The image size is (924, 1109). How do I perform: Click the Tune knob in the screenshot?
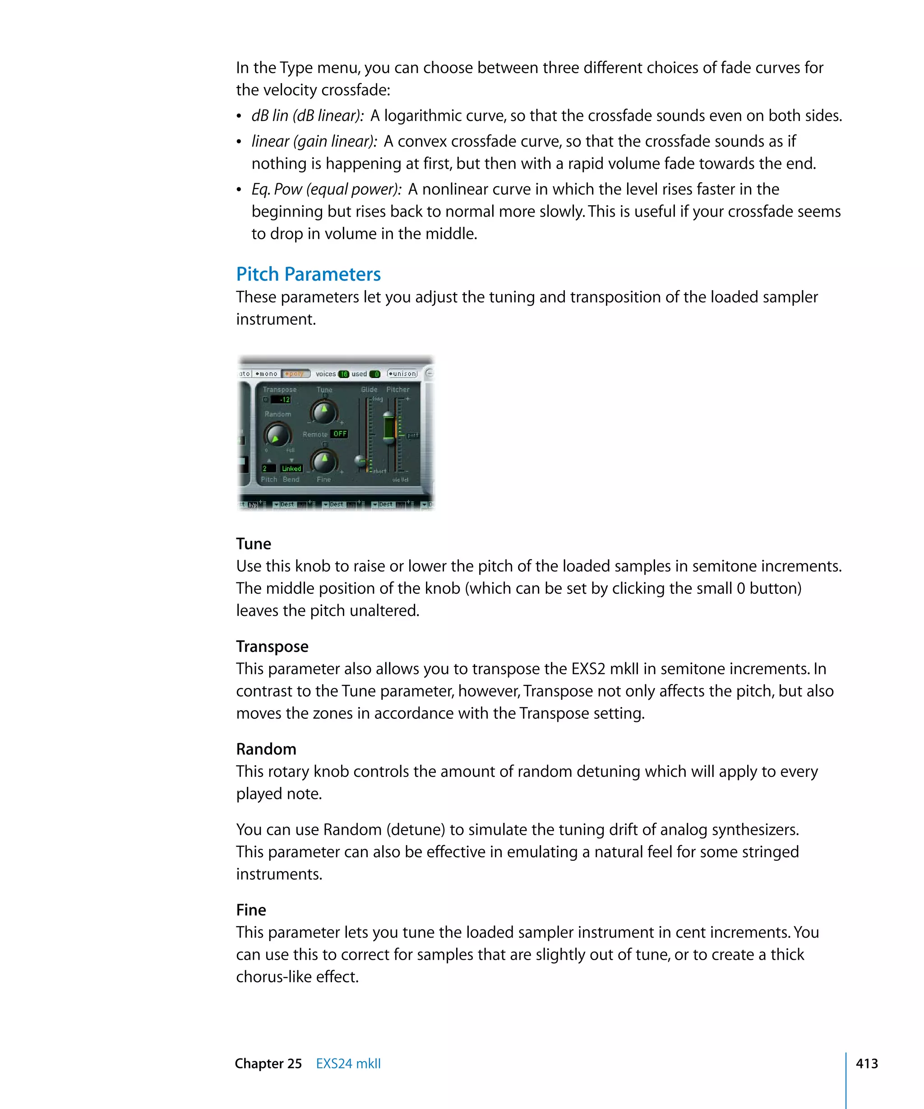pyautogui.click(x=323, y=412)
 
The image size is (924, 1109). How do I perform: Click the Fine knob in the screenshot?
pyautogui.click(x=323, y=462)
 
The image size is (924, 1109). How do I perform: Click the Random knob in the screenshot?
pyautogui.click(x=277, y=435)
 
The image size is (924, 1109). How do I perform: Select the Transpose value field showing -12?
pyautogui.click(x=281, y=400)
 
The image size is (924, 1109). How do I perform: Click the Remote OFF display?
pyautogui.click(x=339, y=434)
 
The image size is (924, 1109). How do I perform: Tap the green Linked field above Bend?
pyautogui.click(x=291, y=468)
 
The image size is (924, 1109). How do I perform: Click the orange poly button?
pyautogui.click(x=296, y=374)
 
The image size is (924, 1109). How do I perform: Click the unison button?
pyautogui.click(x=402, y=374)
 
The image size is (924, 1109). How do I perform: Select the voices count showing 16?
pyautogui.click(x=344, y=374)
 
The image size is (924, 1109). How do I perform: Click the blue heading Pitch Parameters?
pyautogui.click(x=308, y=274)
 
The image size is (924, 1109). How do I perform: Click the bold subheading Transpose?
pyautogui.click(x=272, y=647)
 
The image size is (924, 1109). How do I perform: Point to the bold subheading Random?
pyautogui.click(x=266, y=749)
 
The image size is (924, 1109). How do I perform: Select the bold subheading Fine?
pyautogui.click(x=251, y=910)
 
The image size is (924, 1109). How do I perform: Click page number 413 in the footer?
pyautogui.click(x=866, y=1063)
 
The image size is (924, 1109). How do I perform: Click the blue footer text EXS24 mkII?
pyautogui.click(x=348, y=1063)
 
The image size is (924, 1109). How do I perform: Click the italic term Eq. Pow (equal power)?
pyautogui.click(x=326, y=189)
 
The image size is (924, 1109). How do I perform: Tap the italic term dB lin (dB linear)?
pyautogui.click(x=307, y=116)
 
